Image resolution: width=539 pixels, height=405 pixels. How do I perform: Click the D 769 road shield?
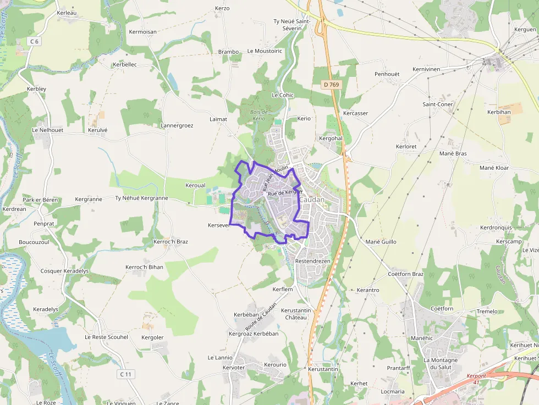click(x=331, y=85)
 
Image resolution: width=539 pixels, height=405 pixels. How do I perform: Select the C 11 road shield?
click(x=126, y=374)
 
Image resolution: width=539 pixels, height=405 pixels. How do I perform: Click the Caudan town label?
click(x=312, y=199)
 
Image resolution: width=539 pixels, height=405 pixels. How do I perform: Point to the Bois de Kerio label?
click(x=258, y=115)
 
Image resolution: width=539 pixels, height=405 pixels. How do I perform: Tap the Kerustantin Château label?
click(x=296, y=314)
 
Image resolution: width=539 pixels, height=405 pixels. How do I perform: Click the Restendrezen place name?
click(x=313, y=261)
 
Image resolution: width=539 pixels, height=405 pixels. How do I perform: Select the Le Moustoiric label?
click(x=265, y=51)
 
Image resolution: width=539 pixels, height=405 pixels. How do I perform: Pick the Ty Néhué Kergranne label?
click(x=141, y=198)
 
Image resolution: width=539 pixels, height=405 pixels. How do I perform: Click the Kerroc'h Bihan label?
click(x=145, y=267)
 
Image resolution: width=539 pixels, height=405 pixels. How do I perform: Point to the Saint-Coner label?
click(x=438, y=104)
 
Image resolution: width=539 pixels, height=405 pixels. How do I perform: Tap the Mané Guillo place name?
click(x=381, y=242)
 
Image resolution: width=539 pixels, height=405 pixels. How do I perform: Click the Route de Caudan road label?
click(x=261, y=317)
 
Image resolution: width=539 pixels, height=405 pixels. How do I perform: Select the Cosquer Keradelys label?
click(x=64, y=271)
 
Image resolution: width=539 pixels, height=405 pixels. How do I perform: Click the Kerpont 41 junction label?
click(x=476, y=379)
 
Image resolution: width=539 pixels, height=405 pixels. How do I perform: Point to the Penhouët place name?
click(x=387, y=74)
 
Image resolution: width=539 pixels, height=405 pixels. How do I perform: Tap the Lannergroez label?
click(x=177, y=125)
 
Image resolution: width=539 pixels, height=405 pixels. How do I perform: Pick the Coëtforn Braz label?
click(x=406, y=274)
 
